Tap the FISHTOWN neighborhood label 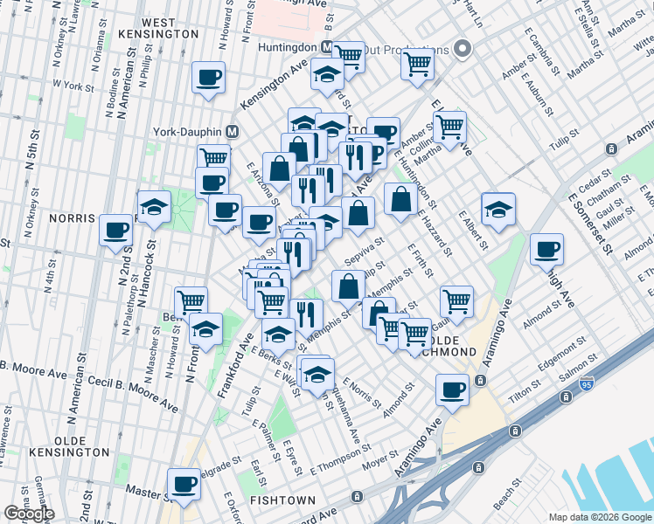pyautogui.click(x=277, y=501)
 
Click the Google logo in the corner pyautogui.click(x=29, y=514)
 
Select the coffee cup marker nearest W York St pyautogui.click(x=209, y=77)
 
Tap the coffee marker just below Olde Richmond pyautogui.click(x=453, y=389)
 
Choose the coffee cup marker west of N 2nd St pyautogui.click(x=115, y=230)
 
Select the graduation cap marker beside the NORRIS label pyautogui.click(x=154, y=206)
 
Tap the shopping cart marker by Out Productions pyautogui.click(x=418, y=62)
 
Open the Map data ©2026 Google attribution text pyautogui.click(x=599, y=517)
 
